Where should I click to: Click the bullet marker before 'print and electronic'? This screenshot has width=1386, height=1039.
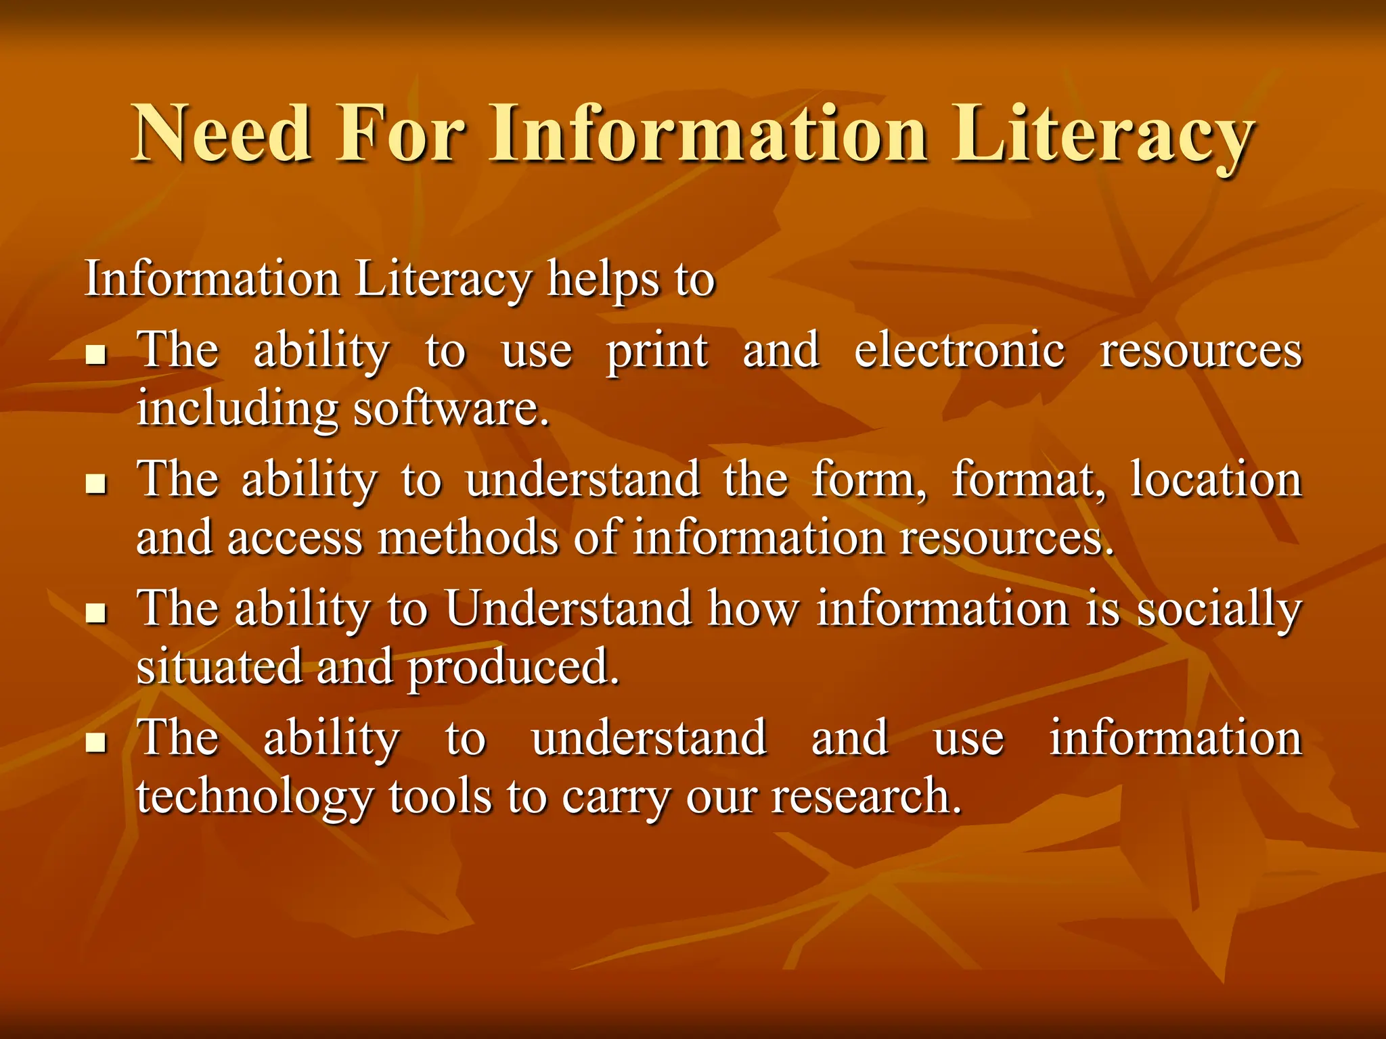click(97, 354)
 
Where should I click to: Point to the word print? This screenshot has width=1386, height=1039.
click(656, 352)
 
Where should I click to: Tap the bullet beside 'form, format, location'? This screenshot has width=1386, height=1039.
click(97, 483)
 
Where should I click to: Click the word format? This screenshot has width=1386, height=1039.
click(1029, 480)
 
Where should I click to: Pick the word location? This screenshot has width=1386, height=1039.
click(1216, 480)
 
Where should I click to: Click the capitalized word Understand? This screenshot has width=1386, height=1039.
click(568, 608)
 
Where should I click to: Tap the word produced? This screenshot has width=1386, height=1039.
click(514, 668)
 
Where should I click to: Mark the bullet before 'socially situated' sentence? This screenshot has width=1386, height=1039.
click(97, 613)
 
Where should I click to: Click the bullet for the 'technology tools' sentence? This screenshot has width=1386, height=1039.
click(97, 742)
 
